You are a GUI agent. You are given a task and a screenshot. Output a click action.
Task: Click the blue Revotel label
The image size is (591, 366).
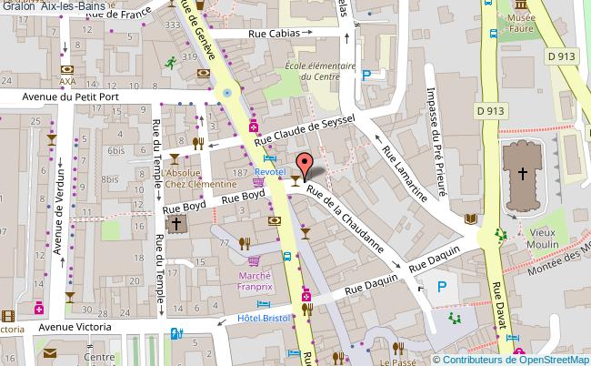pyautogui.click(x=269, y=171)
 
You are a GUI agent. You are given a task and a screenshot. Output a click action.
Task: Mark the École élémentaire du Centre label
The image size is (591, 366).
pyautogui.click(x=312, y=71)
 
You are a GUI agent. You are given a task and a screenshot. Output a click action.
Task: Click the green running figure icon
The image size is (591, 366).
pyautogui.click(x=170, y=62)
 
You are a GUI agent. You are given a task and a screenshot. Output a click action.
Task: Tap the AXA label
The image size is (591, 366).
pyautogui.click(x=67, y=80)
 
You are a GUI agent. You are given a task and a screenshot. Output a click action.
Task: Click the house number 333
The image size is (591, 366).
pyautogui.click(x=171, y=26)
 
